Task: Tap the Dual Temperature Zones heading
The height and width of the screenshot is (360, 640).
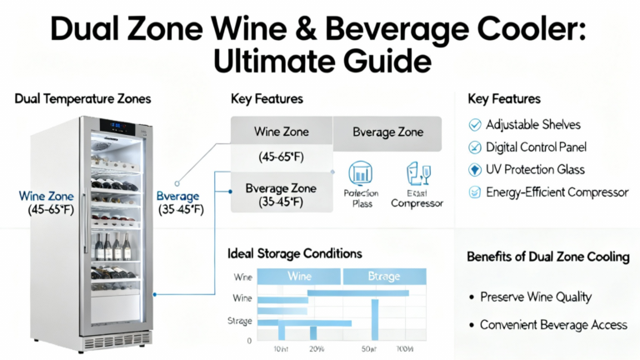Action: click(82, 99)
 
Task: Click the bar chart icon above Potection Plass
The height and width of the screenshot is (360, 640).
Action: click(361, 173)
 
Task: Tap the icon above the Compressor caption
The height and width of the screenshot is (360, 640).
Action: click(416, 173)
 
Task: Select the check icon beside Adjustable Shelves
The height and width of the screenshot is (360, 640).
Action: click(475, 125)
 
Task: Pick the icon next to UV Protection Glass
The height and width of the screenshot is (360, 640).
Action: click(475, 170)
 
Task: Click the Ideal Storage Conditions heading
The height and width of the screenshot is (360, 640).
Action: click(294, 252)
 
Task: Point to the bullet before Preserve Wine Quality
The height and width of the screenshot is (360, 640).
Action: click(472, 297)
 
